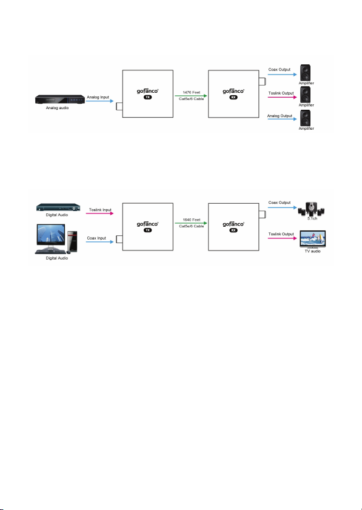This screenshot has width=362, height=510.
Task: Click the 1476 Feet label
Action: tap(192, 92)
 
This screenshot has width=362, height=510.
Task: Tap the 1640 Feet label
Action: tap(192, 220)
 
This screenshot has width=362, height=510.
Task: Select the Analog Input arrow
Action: tap(100, 101)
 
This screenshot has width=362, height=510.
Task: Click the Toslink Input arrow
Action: tap(100, 213)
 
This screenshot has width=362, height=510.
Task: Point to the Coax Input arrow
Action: tap(100, 242)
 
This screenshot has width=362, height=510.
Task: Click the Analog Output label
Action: tap(280, 116)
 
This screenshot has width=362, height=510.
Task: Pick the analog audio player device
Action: tap(60, 99)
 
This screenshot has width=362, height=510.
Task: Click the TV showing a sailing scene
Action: tap(312, 240)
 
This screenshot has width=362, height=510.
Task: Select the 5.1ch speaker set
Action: tap(312, 209)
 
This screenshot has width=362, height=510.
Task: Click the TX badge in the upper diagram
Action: tap(148, 97)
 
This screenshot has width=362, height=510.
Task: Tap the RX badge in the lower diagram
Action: tap(233, 230)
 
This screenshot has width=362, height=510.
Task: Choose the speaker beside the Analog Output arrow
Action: tap(306, 118)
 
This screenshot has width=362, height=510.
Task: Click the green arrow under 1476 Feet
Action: tap(191, 96)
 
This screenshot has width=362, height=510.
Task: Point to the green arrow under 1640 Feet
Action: tap(191, 223)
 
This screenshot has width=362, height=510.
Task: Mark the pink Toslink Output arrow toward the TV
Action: tap(283, 238)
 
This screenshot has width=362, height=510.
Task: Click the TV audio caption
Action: tap(312, 251)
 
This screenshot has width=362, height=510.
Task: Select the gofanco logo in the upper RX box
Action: tap(233, 91)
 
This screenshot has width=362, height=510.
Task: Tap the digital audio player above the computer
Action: tap(58, 207)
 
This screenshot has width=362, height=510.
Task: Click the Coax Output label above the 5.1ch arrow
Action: tap(280, 203)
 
